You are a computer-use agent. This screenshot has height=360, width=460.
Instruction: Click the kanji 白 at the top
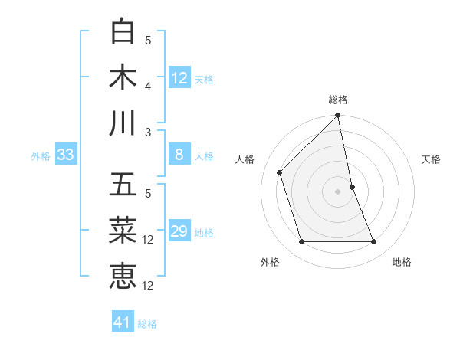coord(123,32)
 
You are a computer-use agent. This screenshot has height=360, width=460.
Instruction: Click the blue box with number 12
coord(179,78)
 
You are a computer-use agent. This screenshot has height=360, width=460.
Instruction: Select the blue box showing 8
coord(179,155)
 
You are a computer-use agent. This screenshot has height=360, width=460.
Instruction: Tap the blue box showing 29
coord(179,231)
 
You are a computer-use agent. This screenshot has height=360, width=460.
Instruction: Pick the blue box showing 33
coord(65,155)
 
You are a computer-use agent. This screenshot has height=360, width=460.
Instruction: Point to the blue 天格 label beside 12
coord(204,79)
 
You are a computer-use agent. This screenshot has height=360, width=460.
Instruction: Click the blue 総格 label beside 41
coord(147,323)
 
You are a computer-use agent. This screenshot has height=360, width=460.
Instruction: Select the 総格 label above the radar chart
coord(338,100)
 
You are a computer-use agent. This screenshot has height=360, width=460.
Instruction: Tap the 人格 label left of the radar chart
coord(245,159)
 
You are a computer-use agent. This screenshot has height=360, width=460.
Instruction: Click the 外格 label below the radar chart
coord(270,262)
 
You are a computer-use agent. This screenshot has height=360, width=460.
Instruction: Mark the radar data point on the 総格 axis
coord(338,116)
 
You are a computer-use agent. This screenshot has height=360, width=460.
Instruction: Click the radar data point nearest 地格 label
coord(374,242)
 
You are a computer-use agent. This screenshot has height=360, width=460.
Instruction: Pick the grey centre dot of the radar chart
coord(338,191)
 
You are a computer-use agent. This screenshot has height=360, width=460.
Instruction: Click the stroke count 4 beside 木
coord(148,86)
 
